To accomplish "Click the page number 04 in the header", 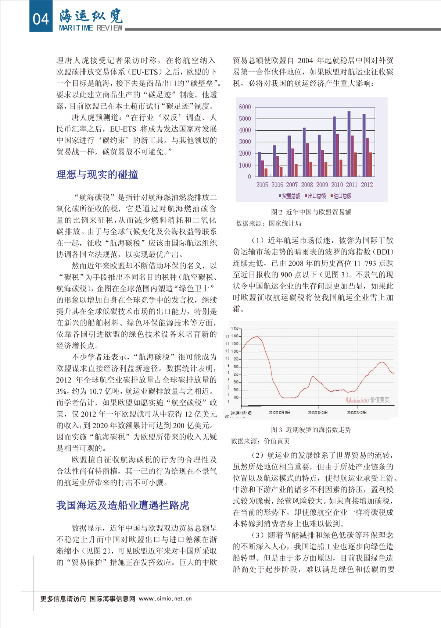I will (x=40, y=18).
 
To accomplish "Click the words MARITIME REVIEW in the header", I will (x=91, y=28).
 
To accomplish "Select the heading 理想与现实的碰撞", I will (x=97, y=174).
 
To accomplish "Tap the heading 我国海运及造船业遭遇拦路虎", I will (x=123, y=505).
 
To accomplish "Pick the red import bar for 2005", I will (x=266, y=172).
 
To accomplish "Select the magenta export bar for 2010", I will (x=337, y=155).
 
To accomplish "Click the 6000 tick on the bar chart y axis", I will (x=245, y=107).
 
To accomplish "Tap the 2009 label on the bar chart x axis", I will (x=322, y=185).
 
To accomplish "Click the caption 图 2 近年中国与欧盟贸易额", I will (x=311, y=212).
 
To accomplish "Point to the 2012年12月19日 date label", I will (x=279, y=412).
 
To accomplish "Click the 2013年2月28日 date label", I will (x=356, y=412).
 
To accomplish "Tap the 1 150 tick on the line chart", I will (x=234, y=328).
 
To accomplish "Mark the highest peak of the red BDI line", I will (x=257, y=336).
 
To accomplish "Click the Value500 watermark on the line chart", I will (x=357, y=400).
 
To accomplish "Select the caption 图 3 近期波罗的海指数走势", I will (x=311, y=429).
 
